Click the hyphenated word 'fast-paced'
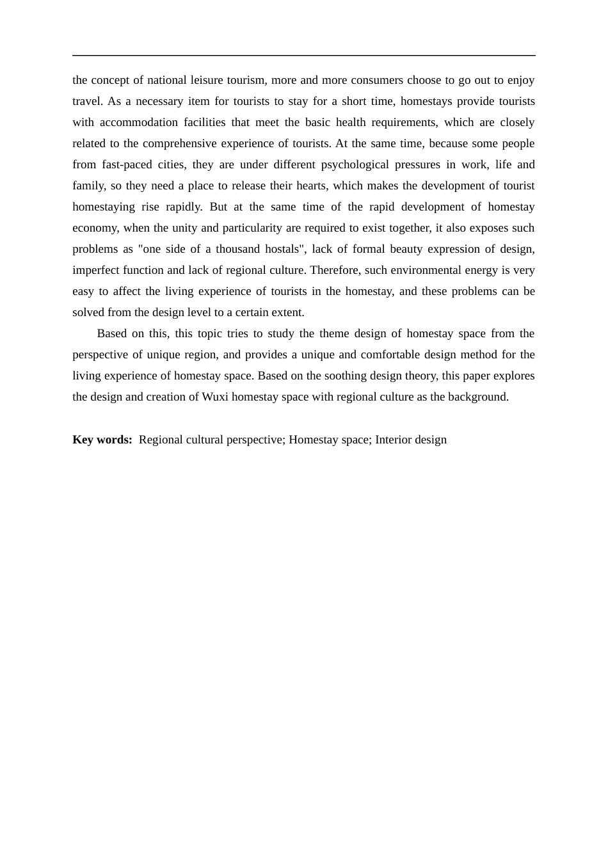click(x=127, y=164)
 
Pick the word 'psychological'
click(x=355, y=164)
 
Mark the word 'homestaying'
click(x=104, y=207)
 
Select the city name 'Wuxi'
click(x=215, y=397)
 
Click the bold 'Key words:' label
click(x=102, y=440)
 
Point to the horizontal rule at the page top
click(x=304, y=56)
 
